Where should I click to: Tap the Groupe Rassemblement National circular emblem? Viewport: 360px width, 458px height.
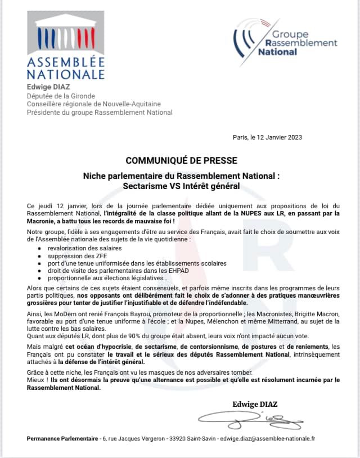tap(249, 38)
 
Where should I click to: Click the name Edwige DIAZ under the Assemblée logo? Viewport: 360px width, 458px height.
tap(49, 87)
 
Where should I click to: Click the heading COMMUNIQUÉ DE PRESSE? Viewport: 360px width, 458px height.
tap(181, 161)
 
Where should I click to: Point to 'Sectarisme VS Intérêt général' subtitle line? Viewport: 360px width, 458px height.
tap(181, 185)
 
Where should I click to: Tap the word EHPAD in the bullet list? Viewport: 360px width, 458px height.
tap(162, 271)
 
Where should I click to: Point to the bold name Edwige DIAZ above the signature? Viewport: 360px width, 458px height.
tap(255, 404)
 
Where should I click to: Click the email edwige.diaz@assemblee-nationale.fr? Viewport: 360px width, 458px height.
tap(268, 439)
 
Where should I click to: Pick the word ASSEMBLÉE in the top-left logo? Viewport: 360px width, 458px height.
tap(65, 62)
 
